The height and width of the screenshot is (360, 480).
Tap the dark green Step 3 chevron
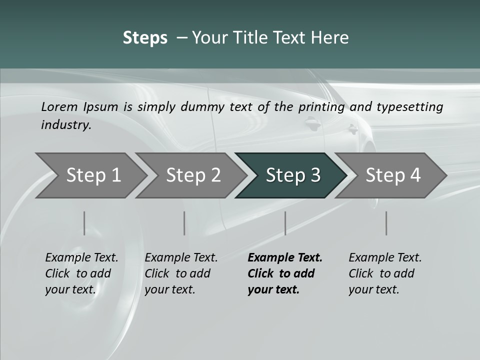293,175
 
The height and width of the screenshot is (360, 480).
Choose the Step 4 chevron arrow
393,175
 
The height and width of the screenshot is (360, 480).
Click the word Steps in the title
145,38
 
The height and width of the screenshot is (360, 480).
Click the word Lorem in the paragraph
59,107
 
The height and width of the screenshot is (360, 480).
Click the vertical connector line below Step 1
84,223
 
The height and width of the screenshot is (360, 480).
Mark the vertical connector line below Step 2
184,223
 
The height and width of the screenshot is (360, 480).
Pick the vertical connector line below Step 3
285,223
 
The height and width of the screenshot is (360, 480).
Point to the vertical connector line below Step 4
386,223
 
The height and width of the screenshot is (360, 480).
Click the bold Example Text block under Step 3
285,273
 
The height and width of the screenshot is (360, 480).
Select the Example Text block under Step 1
81,273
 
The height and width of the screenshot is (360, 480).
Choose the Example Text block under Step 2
181,273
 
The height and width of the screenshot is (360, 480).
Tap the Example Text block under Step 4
385,273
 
